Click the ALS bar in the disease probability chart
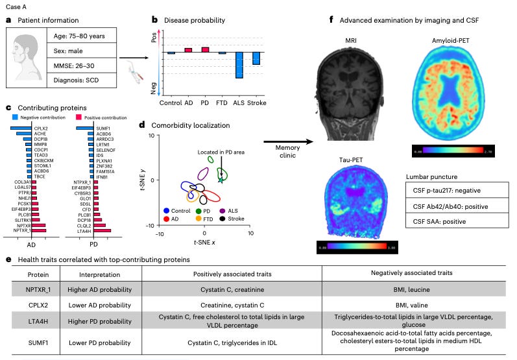point(239,65)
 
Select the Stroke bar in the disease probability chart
point(256,58)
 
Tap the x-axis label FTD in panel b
point(222,102)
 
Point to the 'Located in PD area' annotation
point(221,152)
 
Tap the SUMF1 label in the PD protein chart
point(104,129)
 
